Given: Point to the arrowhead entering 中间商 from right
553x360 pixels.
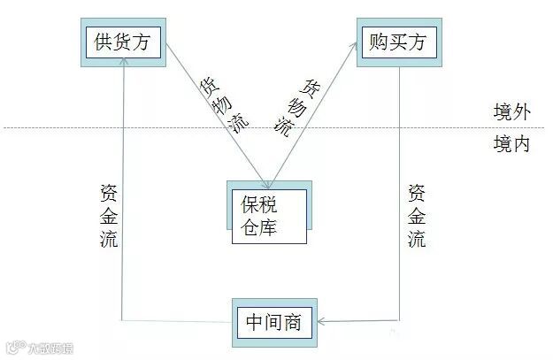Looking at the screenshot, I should pos(319,322).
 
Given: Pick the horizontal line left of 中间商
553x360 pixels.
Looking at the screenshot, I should pos(177,321).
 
